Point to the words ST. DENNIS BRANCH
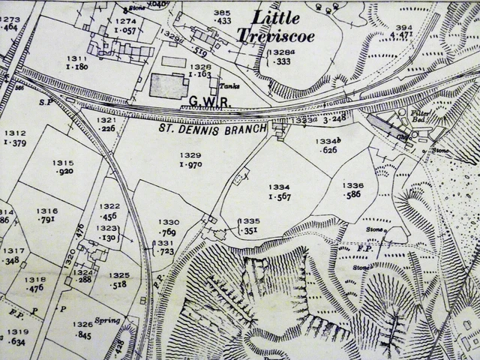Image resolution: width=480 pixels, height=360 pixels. [x=212, y=128]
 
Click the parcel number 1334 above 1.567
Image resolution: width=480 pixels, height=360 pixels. [x=279, y=187]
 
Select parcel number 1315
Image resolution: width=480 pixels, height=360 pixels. [x=63, y=163]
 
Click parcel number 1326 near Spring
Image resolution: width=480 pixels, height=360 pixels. [x=82, y=325]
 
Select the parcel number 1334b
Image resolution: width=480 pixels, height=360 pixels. [x=328, y=140]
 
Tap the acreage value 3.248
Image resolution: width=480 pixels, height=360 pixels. [x=334, y=119]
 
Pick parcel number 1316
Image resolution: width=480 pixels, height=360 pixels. [x=46, y=211]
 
